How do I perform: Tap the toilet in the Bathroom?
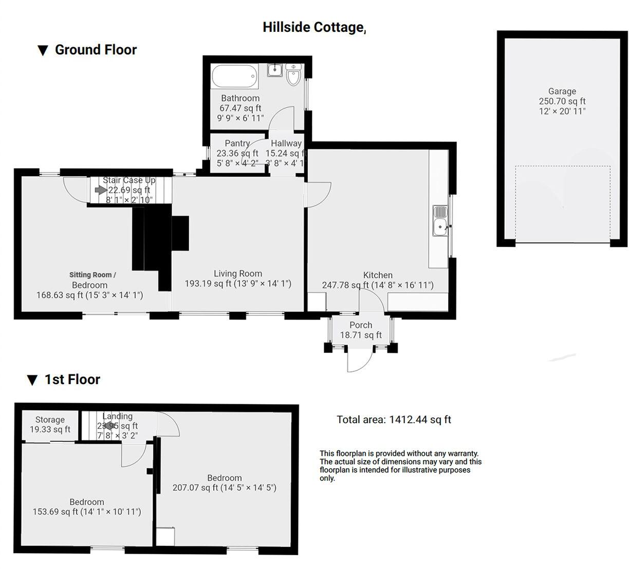(293, 75)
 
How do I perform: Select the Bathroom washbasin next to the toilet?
(275, 70)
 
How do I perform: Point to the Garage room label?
(562, 91)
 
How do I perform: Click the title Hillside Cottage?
(313, 27)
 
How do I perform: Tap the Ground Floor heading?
(96, 50)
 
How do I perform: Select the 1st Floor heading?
(72, 380)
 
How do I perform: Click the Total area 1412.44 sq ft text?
(394, 420)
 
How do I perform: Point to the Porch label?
(361, 325)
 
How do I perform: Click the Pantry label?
(237, 143)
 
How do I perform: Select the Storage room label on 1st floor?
(50, 420)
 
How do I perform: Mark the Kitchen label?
(378, 275)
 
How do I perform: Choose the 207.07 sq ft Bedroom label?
(225, 483)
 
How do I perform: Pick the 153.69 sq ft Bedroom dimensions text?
(87, 511)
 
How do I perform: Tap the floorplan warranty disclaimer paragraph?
(400, 466)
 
